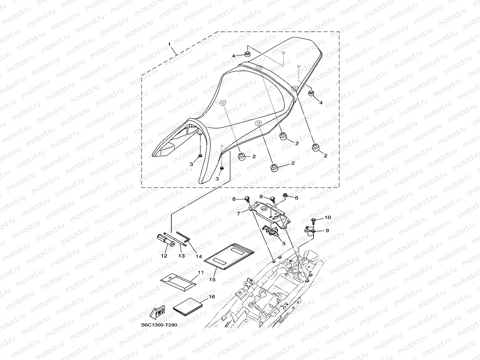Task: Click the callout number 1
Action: [169, 45]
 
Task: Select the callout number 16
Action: [211, 296]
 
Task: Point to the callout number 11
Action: [200, 272]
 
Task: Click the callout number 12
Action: [164, 255]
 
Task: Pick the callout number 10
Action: [327, 218]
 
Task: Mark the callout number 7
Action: [239, 213]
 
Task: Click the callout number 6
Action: [296, 198]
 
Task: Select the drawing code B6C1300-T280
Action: [159, 325]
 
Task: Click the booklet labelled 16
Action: [188, 307]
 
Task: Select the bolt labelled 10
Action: [313, 220]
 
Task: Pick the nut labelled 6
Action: [285, 196]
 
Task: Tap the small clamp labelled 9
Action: [309, 231]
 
